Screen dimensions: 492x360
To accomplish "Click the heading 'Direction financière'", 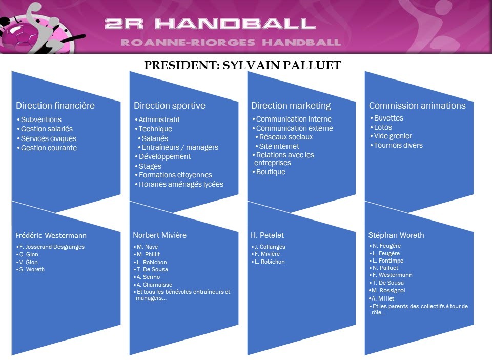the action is click(x=55, y=106).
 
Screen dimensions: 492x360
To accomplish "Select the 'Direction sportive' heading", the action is click(x=170, y=106).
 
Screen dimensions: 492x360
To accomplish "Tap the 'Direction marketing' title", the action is click(x=291, y=106).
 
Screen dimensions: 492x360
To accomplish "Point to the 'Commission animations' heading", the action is click(x=417, y=106).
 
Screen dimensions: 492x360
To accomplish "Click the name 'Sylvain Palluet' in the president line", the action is click(x=282, y=65).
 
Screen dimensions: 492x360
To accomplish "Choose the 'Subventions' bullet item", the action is click(x=41, y=119).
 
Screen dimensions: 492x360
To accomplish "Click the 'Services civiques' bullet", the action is click(x=49, y=138).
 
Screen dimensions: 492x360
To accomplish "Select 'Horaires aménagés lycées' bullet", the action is click(x=181, y=184).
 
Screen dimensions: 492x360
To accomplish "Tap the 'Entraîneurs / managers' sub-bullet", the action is click(x=180, y=147).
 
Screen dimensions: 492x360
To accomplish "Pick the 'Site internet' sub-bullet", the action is click(x=279, y=146).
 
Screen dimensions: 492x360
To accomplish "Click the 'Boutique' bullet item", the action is click(x=271, y=172).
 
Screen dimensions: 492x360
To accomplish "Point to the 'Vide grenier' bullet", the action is click(x=393, y=136).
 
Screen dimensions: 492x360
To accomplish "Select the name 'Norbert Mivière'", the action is click(x=160, y=235).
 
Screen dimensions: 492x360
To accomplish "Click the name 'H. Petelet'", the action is click(x=268, y=235).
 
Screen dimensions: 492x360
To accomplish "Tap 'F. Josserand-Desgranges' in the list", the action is click(x=52, y=247).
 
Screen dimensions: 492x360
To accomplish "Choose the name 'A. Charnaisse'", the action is click(x=154, y=285).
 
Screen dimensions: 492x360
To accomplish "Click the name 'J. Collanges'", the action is click(x=270, y=247).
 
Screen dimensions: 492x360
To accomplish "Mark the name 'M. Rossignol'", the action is click(x=388, y=290).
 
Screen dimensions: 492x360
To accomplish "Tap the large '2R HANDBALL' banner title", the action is click(x=210, y=24).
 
